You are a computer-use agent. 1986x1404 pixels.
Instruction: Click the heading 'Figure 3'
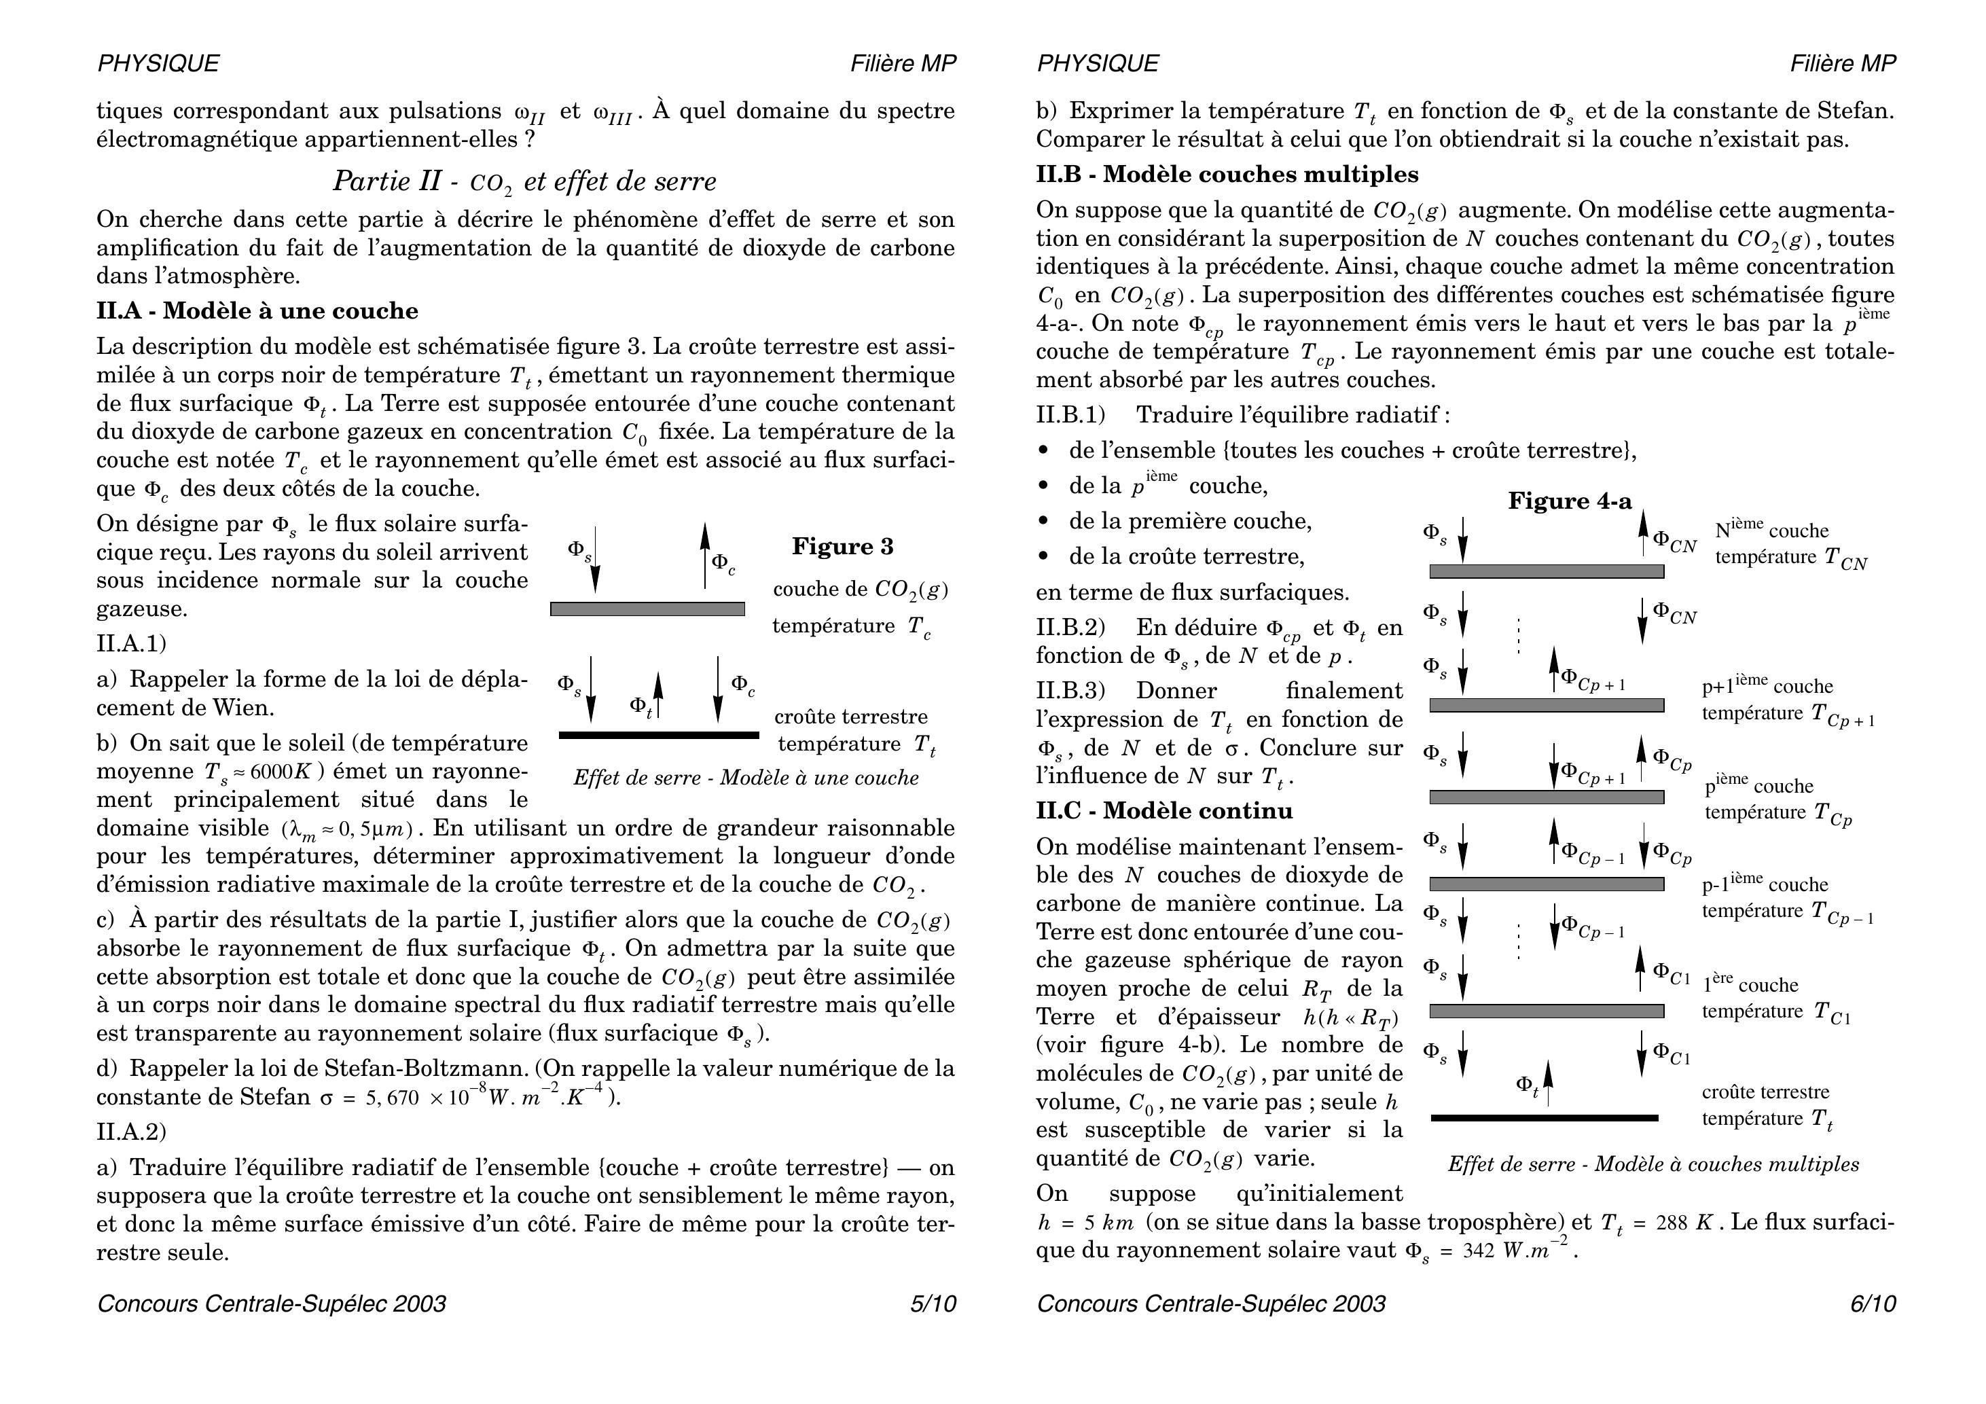pos(842,547)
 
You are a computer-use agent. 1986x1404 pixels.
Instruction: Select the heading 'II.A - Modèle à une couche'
pos(257,311)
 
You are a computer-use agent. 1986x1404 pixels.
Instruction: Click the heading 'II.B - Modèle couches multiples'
pos(1227,175)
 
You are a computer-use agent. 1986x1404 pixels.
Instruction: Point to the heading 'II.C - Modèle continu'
pos(1208,810)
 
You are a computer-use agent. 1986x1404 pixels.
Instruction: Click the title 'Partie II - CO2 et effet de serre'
pos(524,181)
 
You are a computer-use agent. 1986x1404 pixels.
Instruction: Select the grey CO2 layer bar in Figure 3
pos(647,609)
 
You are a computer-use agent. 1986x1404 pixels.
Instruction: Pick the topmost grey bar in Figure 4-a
pos(1547,572)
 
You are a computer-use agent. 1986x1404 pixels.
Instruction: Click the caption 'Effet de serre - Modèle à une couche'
pos(746,778)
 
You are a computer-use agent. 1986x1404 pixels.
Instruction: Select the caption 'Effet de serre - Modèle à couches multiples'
pos(1653,1164)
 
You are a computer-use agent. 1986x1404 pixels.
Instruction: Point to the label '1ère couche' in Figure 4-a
pos(1750,984)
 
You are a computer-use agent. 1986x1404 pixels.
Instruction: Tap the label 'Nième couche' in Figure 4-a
pos(1771,529)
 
